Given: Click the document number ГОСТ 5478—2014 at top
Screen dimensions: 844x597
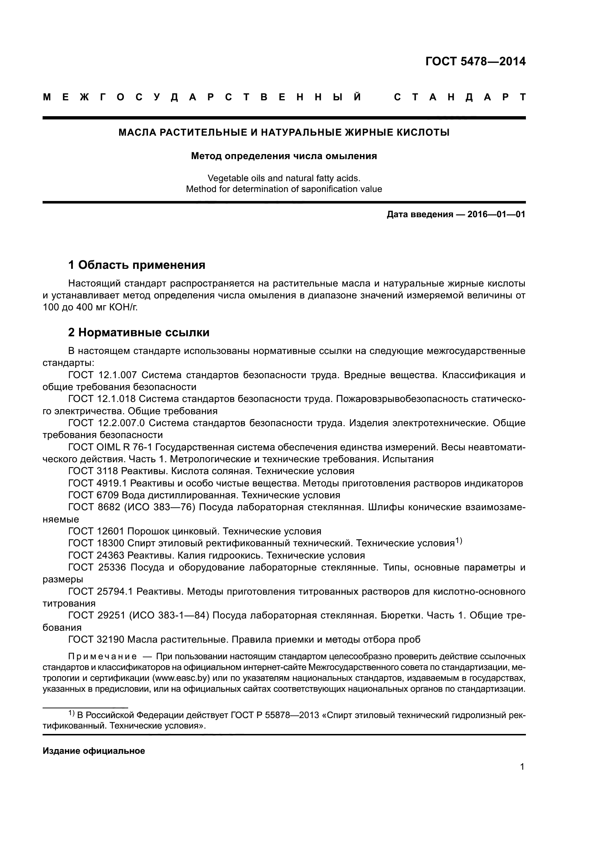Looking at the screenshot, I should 475,62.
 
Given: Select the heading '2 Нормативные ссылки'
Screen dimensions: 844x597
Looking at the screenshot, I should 139,332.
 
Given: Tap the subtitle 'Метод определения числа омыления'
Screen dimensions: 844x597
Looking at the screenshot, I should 284,156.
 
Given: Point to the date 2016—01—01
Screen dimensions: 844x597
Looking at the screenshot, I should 496,214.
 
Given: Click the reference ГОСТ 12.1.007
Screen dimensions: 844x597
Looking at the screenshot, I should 103,375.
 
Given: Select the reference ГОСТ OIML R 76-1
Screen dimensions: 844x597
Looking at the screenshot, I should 110,447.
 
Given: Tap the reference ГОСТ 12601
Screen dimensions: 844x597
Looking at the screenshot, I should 96,531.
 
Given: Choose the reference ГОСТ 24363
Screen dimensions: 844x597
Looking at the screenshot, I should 96,555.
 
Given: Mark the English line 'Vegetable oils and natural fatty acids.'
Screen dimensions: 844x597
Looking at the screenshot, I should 284,178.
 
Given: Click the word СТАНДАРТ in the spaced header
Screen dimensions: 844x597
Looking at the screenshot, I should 459,97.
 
